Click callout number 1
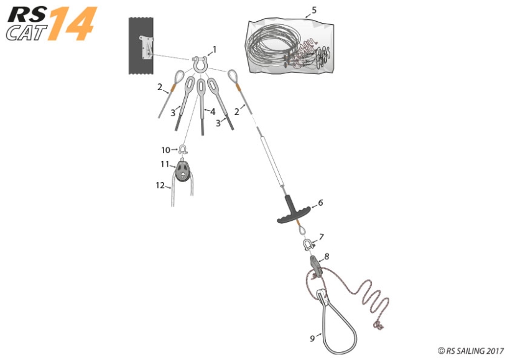tap(215, 48)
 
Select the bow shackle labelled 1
tap(200, 62)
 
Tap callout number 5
tap(314, 10)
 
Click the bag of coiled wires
tap(289, 47)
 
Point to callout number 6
tap(320, 203)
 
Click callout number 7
tap(322, 236)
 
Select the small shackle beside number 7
tap(308, 244)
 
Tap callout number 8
tap(327, 256)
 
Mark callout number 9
tap(312, 338)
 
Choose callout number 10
tap(165, 150)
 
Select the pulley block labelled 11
tap(182, 171)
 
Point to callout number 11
tap(165, 164)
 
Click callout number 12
tap(160, 185)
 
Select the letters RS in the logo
tap(25, 13)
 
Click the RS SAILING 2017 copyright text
tap(470, 351)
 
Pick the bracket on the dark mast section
tap(147, 47)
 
